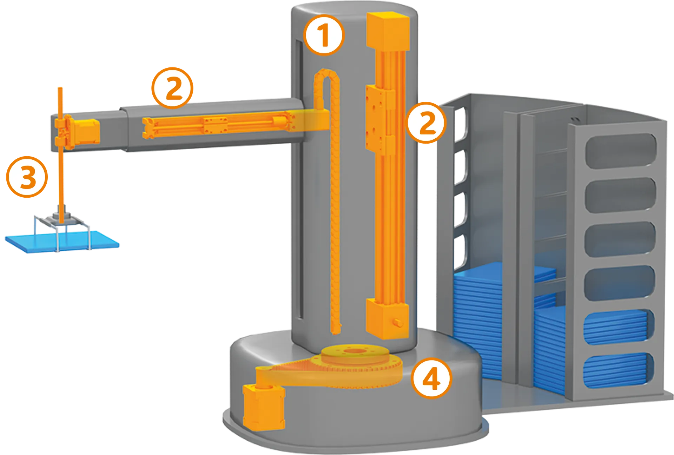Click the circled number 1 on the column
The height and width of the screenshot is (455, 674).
(323, 35)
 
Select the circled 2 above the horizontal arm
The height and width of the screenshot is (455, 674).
(172, 88)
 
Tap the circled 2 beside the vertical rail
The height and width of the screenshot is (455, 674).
(426, 123)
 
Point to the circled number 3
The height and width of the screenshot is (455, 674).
(27, 177)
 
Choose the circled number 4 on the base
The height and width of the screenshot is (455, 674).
(431, 378)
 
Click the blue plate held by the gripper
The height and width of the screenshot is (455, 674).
(62, 242)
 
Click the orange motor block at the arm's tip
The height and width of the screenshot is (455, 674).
(86, 132)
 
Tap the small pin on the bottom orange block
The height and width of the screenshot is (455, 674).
(398, 322)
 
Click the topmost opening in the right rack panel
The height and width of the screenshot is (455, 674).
(621, 149)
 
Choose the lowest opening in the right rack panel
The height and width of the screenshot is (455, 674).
(619, 370)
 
